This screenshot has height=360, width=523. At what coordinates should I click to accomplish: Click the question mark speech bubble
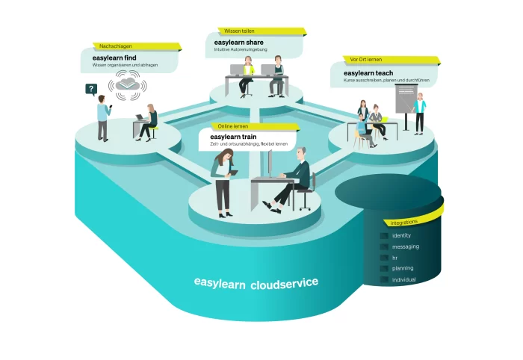[91, 90]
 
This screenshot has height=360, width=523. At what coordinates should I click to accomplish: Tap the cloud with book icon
[127, 84]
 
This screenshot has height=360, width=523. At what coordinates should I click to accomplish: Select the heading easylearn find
[114, 58]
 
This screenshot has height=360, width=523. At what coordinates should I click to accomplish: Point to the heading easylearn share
[239, 43]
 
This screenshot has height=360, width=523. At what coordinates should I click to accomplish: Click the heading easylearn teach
[368, 73]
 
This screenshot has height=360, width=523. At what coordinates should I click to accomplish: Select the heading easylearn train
[233, 137]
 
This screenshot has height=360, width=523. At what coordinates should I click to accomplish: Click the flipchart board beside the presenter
[406, 99]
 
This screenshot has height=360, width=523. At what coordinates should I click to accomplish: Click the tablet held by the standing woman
[233, 173]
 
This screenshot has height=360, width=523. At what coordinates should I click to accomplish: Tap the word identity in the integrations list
[402, 235]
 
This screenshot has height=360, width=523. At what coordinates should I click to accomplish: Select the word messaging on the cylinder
[406, 246]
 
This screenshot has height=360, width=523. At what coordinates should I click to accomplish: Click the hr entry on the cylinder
[395, 258]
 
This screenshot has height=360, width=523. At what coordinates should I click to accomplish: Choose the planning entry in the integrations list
[403, 268]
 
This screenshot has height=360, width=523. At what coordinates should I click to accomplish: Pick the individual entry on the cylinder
[404, 279]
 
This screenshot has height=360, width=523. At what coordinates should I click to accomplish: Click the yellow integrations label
[404, 222]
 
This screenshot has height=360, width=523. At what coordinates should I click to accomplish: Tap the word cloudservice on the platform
[284, 284]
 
